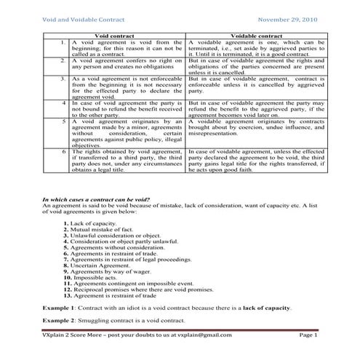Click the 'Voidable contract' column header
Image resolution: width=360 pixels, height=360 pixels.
tap(256, 34)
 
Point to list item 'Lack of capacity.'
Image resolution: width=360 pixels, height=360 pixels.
tap(97, 222)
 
